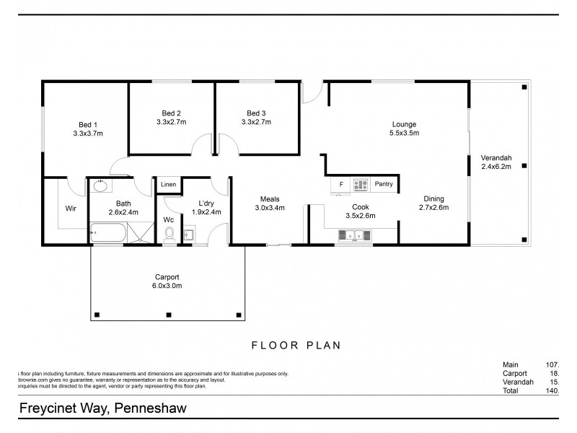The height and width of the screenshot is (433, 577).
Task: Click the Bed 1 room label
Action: click(87, 123)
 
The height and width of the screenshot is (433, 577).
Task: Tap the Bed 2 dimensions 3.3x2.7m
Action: click(171, 122)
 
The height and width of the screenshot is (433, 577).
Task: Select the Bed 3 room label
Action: click(256, 113)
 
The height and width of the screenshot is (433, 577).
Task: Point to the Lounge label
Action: click(404, 123)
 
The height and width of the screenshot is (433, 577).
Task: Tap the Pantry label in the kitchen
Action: click(384, 184)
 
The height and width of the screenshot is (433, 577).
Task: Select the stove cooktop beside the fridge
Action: click(360, 185)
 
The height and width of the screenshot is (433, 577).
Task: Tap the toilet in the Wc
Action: click(169, 234)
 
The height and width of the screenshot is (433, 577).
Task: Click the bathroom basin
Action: click(99, 185)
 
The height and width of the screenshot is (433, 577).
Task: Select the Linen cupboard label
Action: click(168, 185)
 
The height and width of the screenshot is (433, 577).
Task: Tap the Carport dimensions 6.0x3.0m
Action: click(167, 286)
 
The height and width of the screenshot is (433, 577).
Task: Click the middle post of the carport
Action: click(167, 314)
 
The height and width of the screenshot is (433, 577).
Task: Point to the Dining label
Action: click(433, 198)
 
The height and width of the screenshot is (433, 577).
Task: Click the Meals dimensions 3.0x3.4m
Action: click(270, 208)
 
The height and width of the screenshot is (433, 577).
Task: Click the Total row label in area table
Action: click(511, 390)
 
